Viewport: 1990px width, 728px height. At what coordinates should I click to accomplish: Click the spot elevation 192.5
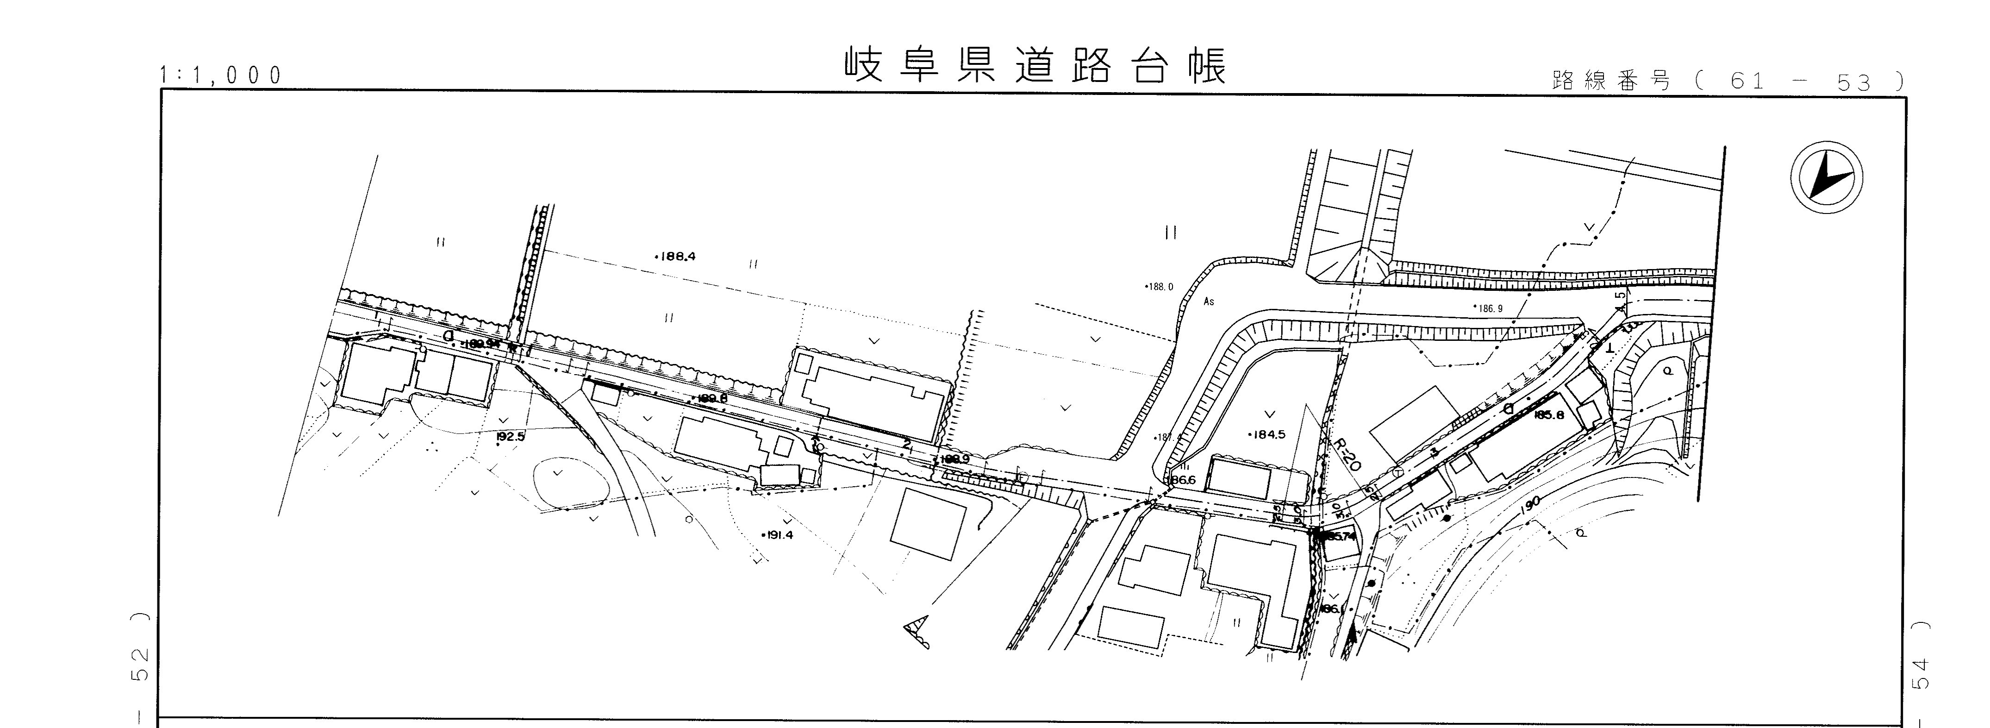pyautogui.click(x=510, y=437)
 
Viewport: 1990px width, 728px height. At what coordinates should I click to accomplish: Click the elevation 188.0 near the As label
pyautogui.click(x=1159, y=287)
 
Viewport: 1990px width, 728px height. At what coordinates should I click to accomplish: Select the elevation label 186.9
pyautogui.click(x=1488, y=308)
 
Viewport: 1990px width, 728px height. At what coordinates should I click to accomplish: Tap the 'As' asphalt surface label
pyautogui.click(x=1209, y=301)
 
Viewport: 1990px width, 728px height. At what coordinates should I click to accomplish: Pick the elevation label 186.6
pyautogui.click(x=1182, y=480)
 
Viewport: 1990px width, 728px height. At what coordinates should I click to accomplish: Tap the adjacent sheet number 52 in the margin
pyautogui.click(x=139, y=661)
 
